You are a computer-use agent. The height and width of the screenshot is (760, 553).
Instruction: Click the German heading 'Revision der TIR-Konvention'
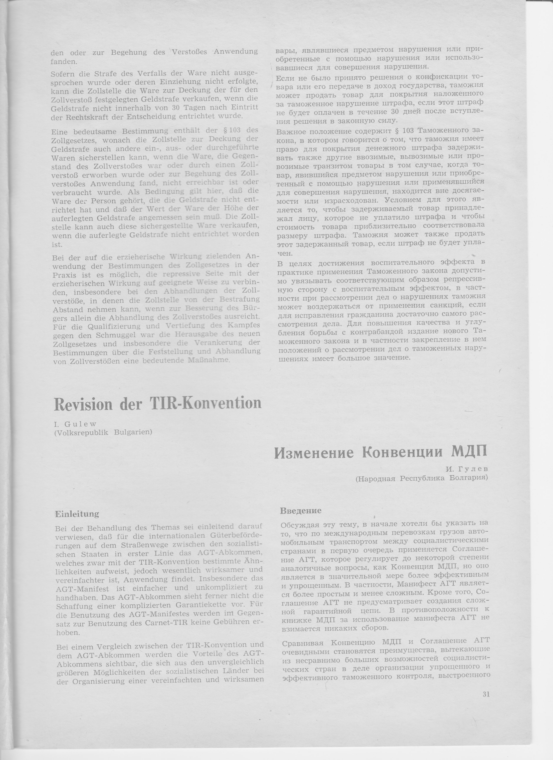pos(157,404)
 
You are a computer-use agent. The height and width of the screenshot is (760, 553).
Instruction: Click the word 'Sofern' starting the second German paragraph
pos(62,73)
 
